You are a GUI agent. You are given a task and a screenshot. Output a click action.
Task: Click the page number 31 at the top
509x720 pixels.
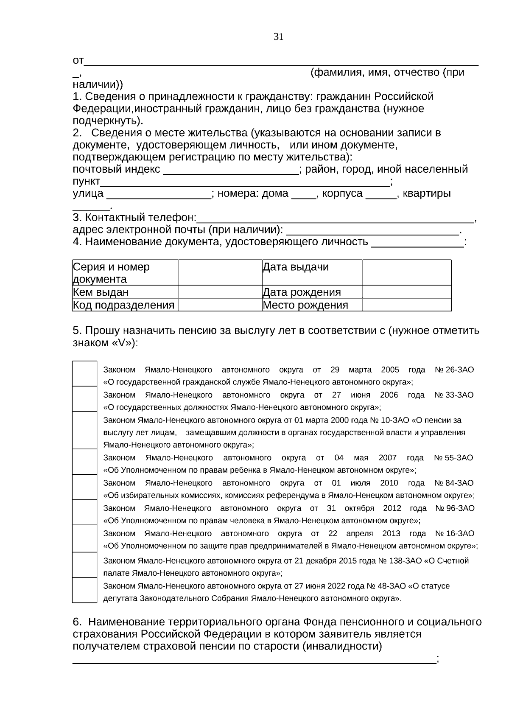click(x=279, y=37)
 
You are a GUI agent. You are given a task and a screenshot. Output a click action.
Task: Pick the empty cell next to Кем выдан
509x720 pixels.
click(x=220, y=292)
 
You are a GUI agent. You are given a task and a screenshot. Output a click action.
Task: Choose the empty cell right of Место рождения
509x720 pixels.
click(x=406, y=305)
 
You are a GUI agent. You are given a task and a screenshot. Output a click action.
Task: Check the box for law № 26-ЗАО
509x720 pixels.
click(x=84, y=373)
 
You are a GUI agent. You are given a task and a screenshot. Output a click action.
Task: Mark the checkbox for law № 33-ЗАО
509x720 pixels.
click(x=84, y=399)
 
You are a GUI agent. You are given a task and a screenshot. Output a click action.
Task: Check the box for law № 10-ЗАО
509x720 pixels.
click(x=84, y=430)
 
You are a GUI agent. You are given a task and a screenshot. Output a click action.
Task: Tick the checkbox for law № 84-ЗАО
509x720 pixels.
click(x=84, y=487)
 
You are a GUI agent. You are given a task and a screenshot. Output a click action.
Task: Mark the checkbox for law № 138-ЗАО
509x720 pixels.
click(x=84, y=565)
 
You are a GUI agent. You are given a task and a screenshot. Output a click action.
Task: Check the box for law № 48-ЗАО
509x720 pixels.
click(x=84, y=590)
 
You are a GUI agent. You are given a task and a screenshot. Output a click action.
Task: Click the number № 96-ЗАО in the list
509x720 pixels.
click(x=455, y=508)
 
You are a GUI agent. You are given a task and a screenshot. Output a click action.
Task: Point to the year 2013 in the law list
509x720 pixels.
click(x=391, y=533)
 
